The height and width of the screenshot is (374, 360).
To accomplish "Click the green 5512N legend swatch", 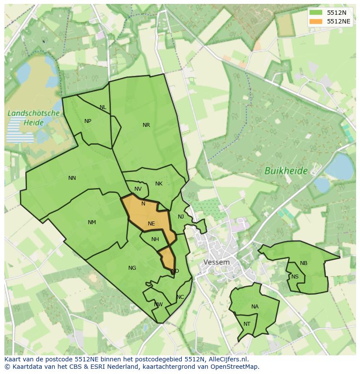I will pos(316,13).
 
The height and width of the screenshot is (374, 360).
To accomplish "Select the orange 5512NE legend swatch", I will pos(316,21).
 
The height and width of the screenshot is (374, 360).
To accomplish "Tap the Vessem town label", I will pos(217,262).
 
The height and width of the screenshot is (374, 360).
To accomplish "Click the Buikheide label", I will pos(286,171).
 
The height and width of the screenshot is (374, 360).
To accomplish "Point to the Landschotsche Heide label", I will pos(33,118).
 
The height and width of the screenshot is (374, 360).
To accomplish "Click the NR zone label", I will pos(146,125).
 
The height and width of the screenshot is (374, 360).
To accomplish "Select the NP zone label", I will pos(88,121).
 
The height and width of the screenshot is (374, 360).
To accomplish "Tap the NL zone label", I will pos(103,107).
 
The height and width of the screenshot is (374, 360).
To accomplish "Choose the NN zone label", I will pos(72,178).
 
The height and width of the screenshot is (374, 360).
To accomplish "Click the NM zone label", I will pos(92,222).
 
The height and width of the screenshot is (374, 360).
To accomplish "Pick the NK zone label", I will pos(159,184).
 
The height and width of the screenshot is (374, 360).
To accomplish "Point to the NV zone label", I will pos(138,189).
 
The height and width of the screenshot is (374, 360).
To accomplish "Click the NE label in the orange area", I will pos(151,224).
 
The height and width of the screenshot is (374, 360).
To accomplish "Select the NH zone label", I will pos(155,239).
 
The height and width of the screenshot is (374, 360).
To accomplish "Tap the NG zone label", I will pos(132,268).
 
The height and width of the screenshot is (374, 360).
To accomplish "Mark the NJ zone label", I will pos(181,217).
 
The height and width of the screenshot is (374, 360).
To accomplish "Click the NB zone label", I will pos(303,263).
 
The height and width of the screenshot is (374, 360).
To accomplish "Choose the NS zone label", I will pos(295,277).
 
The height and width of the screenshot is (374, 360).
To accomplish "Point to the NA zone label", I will pos(255,307).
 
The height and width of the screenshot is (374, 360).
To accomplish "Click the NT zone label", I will pos(247,324).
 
